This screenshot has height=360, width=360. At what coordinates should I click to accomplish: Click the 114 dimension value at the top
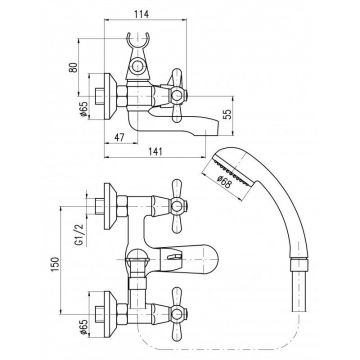point(141,14)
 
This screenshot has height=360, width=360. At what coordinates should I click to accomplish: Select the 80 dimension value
point(73,67)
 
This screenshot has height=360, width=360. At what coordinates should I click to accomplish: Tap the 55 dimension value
point(227,115)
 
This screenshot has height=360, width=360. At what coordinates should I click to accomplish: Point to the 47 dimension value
point(119,137)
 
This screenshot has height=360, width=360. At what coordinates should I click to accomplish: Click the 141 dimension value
point(154,152)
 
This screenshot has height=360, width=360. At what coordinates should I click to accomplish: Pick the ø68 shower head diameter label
point(224,182)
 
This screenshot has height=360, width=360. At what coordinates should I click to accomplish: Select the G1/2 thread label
point(79,236)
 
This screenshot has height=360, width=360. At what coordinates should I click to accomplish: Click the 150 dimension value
point(55,264)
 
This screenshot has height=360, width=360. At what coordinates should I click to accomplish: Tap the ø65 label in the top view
point(83,109)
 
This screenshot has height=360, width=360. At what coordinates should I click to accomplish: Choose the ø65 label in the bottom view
point(83,327)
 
